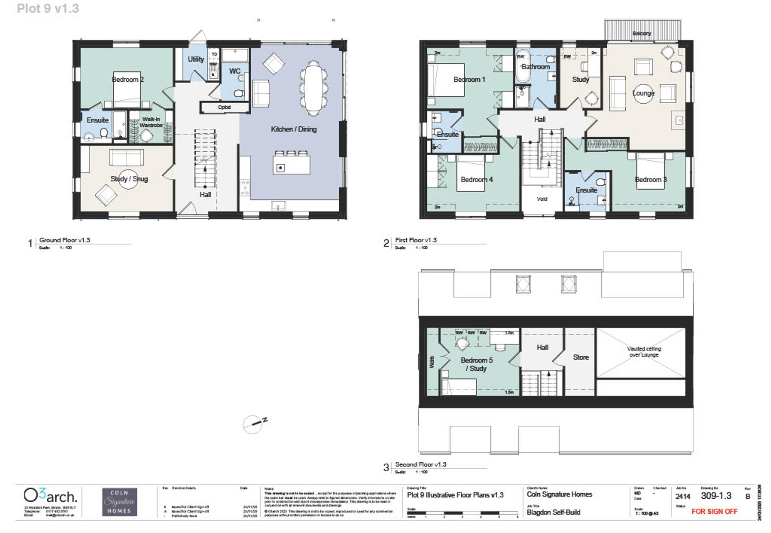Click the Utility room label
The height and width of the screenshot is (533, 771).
[x=196, y=59]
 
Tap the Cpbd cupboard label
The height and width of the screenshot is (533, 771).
[x=224, y=107]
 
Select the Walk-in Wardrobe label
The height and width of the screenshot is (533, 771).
[x=151, y=122]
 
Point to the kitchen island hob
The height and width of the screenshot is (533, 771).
[x=280, y=168]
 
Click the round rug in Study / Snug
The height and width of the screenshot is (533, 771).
[x=128, y=179]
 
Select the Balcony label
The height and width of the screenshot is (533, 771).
[x=641, y=34]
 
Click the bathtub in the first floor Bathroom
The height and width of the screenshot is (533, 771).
[x=523, y=65]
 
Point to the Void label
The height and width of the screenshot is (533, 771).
[x=542, y=199]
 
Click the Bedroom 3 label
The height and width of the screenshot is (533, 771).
[x=650, y=180]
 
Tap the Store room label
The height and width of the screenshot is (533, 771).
[x=581, y=357]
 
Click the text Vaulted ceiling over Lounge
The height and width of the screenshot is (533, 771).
[x=644, y=351]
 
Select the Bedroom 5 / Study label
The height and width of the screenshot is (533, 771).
[x=476, y=364]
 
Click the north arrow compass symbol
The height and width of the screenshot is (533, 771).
[x=253, y=424]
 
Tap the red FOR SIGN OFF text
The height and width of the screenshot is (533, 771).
[x=714, y=511]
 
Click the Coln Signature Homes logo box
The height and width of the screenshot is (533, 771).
[x=120, y=502]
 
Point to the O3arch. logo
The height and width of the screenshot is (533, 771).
[x=50, y=496]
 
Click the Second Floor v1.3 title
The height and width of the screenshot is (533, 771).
[x=421, y=464]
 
